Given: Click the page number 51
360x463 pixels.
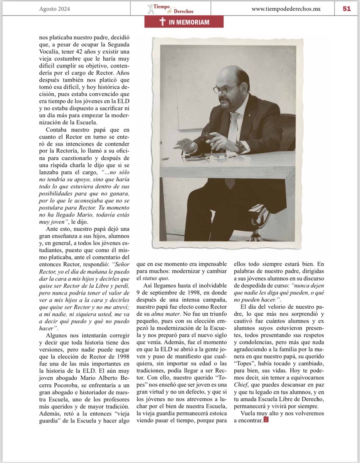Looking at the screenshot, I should (x=347, y=8).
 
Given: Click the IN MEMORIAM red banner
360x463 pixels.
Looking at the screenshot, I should (x=184, y=22).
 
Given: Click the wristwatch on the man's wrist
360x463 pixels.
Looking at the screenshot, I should (x=240, y=146).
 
